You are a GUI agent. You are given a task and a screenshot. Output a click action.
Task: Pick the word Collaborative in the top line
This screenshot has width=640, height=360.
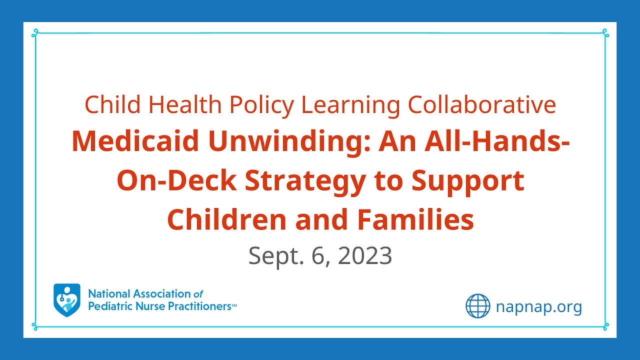[481, 105]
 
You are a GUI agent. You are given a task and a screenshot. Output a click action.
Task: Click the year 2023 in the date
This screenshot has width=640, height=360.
[364, 256]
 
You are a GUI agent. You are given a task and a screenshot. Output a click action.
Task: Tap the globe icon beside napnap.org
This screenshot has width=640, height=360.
[478, 306]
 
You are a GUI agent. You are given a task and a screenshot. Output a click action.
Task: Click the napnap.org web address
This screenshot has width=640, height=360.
[539, 306]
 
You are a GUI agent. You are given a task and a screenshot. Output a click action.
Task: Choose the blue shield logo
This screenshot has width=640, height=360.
[66, 300]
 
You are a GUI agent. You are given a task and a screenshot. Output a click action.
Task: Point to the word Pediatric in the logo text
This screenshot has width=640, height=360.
[108, 306]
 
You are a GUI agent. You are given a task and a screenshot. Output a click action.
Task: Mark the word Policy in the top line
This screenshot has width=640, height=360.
[262, 105]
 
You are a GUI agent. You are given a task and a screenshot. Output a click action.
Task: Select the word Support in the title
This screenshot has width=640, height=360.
[468, 181]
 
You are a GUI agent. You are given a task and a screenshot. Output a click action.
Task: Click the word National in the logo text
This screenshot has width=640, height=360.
[108, 294]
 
